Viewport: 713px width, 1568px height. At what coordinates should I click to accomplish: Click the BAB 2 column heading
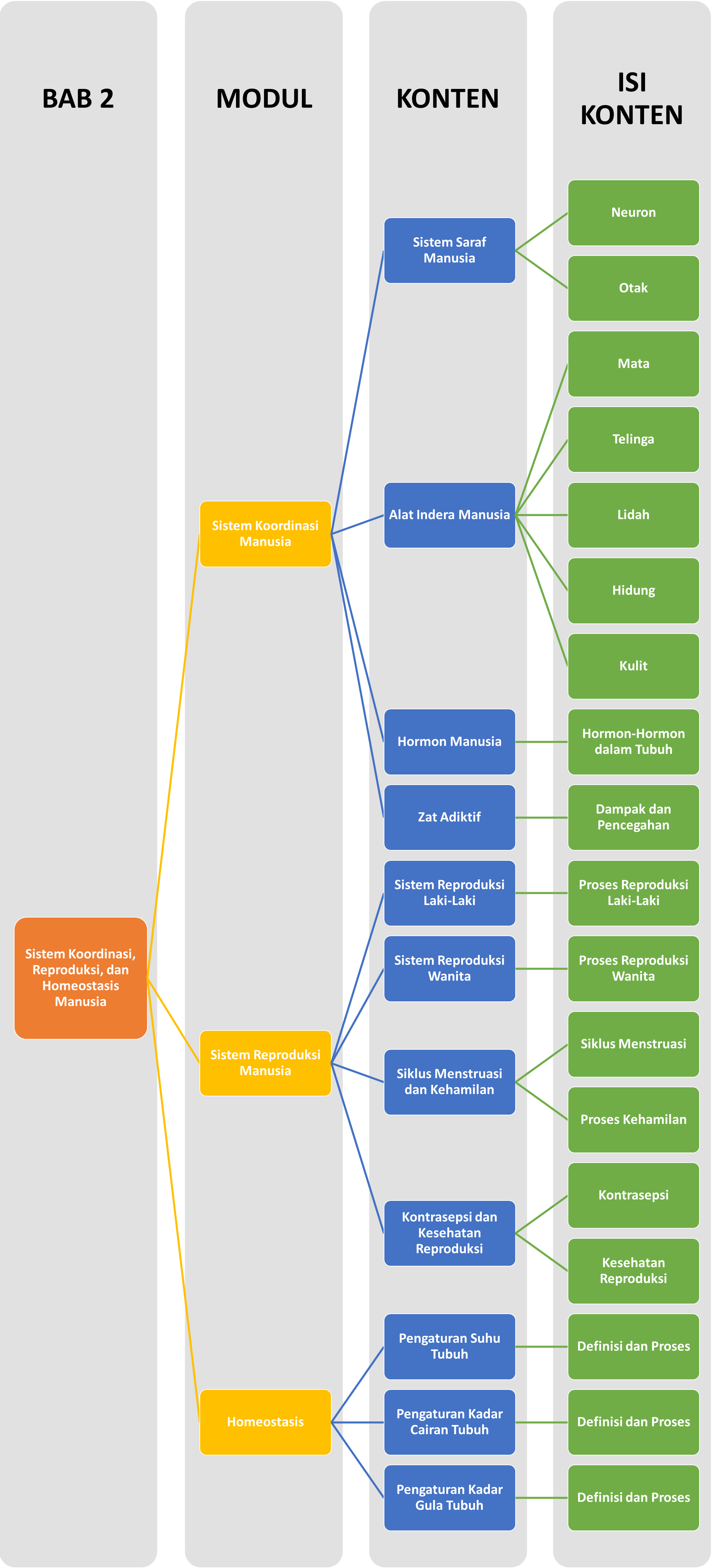78,99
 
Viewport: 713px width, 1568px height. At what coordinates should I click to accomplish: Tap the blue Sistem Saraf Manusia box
449,250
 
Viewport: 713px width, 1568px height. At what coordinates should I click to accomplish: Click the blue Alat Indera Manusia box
449,515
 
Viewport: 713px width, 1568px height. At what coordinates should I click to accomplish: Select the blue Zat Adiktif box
449,817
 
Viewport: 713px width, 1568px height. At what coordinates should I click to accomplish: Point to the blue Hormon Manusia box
449,741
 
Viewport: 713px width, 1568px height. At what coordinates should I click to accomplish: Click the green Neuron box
633,212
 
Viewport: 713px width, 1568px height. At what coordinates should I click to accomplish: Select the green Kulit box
633,666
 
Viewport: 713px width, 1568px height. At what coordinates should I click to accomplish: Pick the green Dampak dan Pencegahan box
633,817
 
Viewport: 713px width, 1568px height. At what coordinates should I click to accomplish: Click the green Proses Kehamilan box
633,1119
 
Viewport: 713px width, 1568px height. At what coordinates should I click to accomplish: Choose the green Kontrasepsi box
633,1195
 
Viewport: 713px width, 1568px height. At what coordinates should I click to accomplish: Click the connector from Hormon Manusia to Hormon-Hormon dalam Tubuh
541,741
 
